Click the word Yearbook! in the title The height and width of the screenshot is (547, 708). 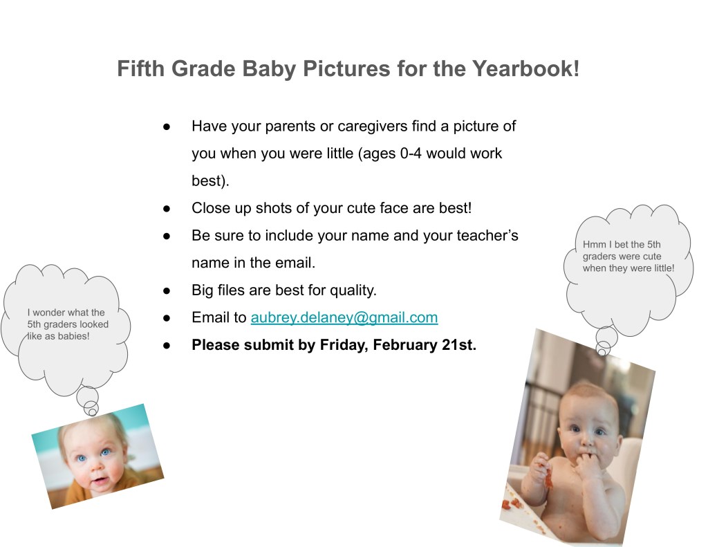(x=526, y=68)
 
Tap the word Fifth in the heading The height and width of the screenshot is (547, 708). (x=140, y=68)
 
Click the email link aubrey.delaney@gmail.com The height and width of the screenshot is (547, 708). (x=344, y=317)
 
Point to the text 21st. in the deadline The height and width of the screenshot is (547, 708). (x=459, y=344)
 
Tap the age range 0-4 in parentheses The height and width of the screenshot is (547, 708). (x=411, y=153)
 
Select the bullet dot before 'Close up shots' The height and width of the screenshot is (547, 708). (x=167, y=209)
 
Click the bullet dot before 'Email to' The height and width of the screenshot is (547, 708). (x=167, y=318)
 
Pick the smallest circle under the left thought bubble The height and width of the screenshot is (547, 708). (x=93, y=411)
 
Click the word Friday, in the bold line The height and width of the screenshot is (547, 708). (x=344, y=344)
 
